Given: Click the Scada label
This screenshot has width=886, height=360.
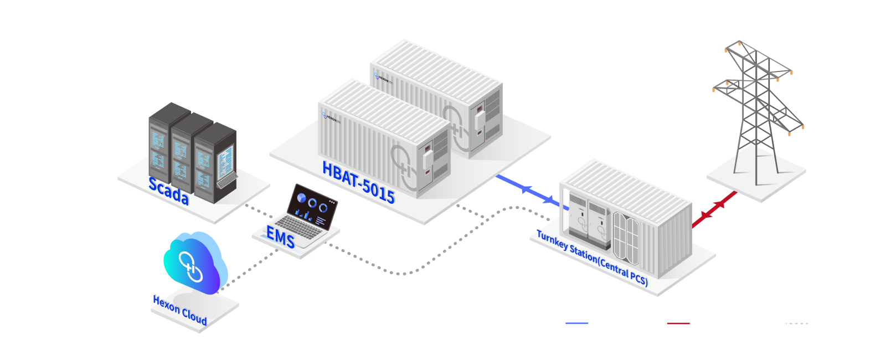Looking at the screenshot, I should click(168, 192).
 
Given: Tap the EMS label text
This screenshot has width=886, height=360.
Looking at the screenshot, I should click(280, 238).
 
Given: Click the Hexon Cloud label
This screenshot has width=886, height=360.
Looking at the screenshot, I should click(180, 311).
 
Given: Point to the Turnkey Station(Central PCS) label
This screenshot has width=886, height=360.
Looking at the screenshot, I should click(592, 258).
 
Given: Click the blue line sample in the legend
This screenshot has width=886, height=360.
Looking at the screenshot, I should click(577, 323).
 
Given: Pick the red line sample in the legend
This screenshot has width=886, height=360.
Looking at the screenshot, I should click(678, 323).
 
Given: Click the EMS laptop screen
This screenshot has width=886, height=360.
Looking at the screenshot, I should click(314, 205).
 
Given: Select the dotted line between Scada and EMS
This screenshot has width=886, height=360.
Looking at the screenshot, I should click(260, 213).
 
